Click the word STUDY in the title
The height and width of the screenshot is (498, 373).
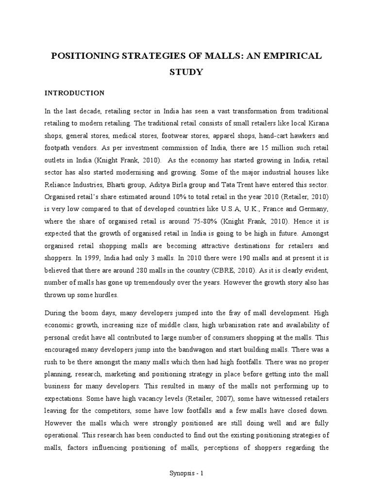coord(186,72)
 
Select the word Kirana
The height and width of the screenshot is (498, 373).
coord(318,124)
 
